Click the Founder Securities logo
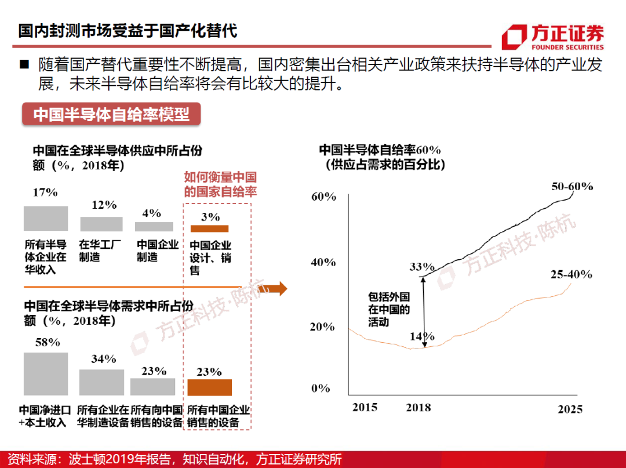(552, 37)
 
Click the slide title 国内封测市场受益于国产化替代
(128, 30)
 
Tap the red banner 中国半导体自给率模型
(111, 114)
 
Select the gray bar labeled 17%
(46, 219)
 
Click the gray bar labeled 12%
(101, 224)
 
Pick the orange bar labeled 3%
(209, 228)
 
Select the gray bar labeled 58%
(46, 374)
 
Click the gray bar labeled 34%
(101, 382)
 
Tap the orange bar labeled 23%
(209, 387)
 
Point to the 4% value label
(151, 213)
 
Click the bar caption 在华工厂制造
(101, 251)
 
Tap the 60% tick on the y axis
(323, 197)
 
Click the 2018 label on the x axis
(418, 408)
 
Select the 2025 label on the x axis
(569, 409)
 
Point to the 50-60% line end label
(572, 186)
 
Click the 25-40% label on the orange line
(572, 274)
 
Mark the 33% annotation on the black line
(421, 267)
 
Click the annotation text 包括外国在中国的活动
(389, 309)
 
